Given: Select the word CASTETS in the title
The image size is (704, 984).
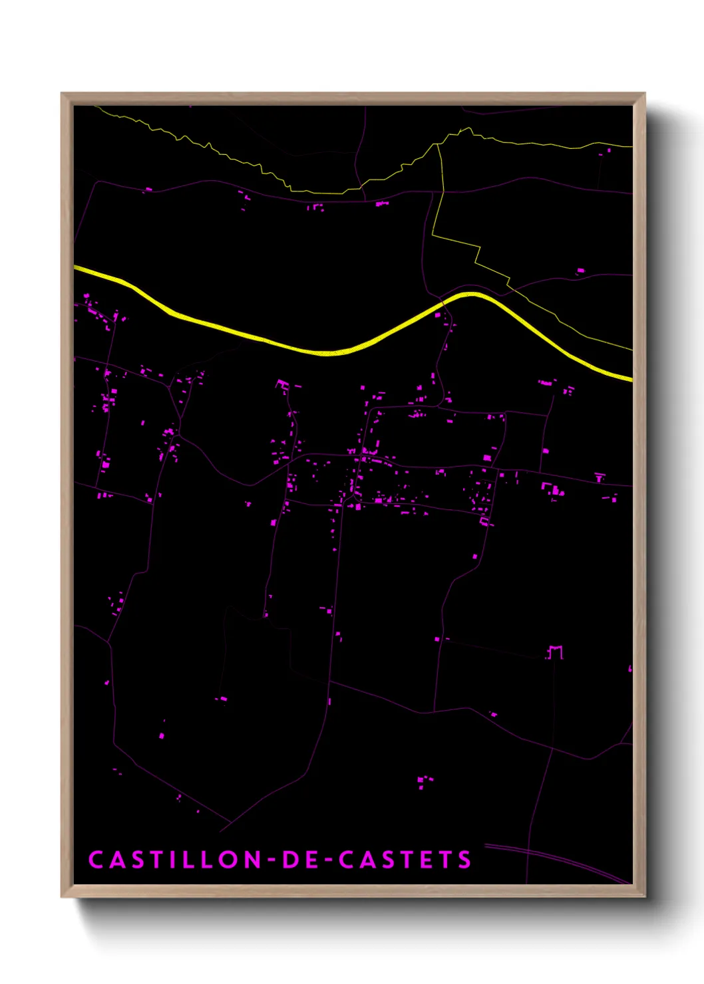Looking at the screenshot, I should coord(405,860).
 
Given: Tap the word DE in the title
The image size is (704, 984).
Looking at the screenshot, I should coord(301,860).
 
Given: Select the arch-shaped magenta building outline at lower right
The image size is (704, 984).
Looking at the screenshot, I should coord(555,652).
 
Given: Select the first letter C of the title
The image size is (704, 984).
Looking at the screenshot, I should coord(96,860).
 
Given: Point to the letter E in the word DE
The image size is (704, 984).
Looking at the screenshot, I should coord(313,860).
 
